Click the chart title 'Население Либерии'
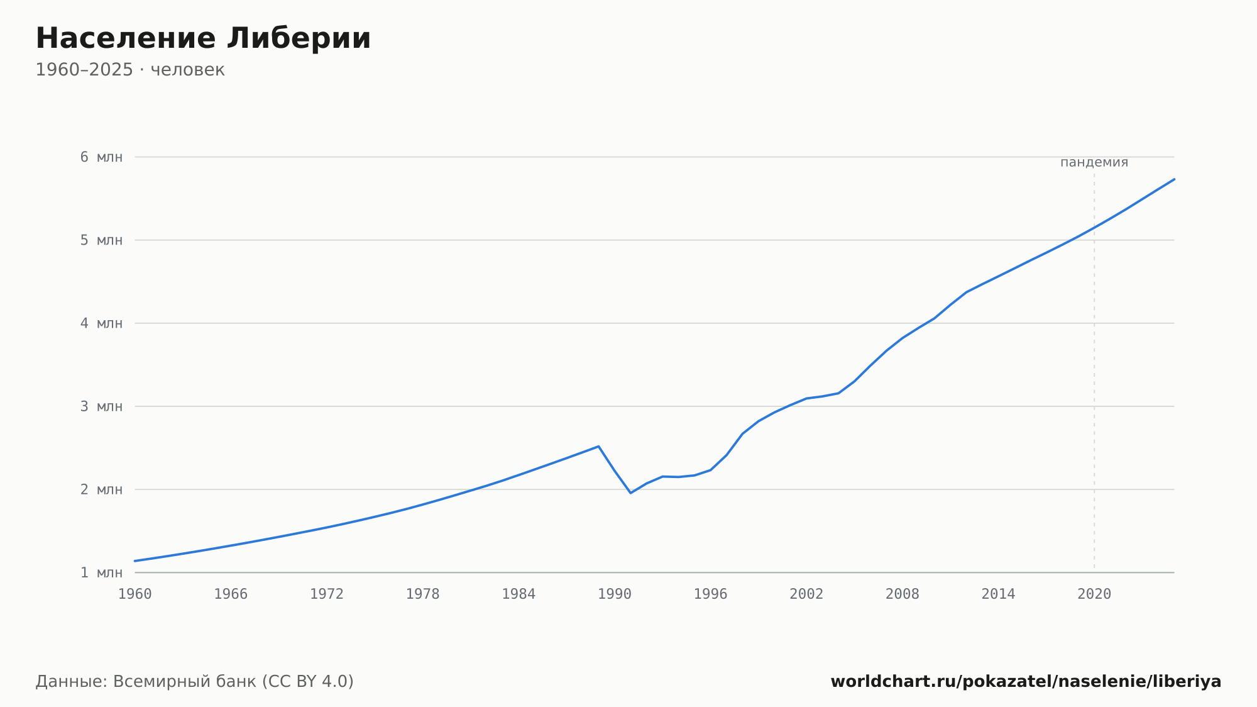[x=203, y=38]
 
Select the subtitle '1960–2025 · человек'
[x=130, y=70]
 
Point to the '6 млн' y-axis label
[x=101, y=157]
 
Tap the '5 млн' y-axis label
[x=101, y=240]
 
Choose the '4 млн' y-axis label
[x=101, y=323]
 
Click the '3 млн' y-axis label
[x=101, y=406]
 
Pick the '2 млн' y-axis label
[x=101, y=489]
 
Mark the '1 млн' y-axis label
[x=101, y=572]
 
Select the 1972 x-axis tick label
[x=327, y=594]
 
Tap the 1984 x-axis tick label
[x=519, y=594]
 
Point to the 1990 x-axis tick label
[x=615, y=594]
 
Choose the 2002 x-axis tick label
[x=806, y=594]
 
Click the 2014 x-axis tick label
[x=998, y=594]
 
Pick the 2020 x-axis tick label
[x=1094, y=594]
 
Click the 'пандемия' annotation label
[x=1094, y=162]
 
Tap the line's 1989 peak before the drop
[x=598, y=447]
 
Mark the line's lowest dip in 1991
[x=630, y=493]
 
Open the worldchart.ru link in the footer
[x=1026, y=682]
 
